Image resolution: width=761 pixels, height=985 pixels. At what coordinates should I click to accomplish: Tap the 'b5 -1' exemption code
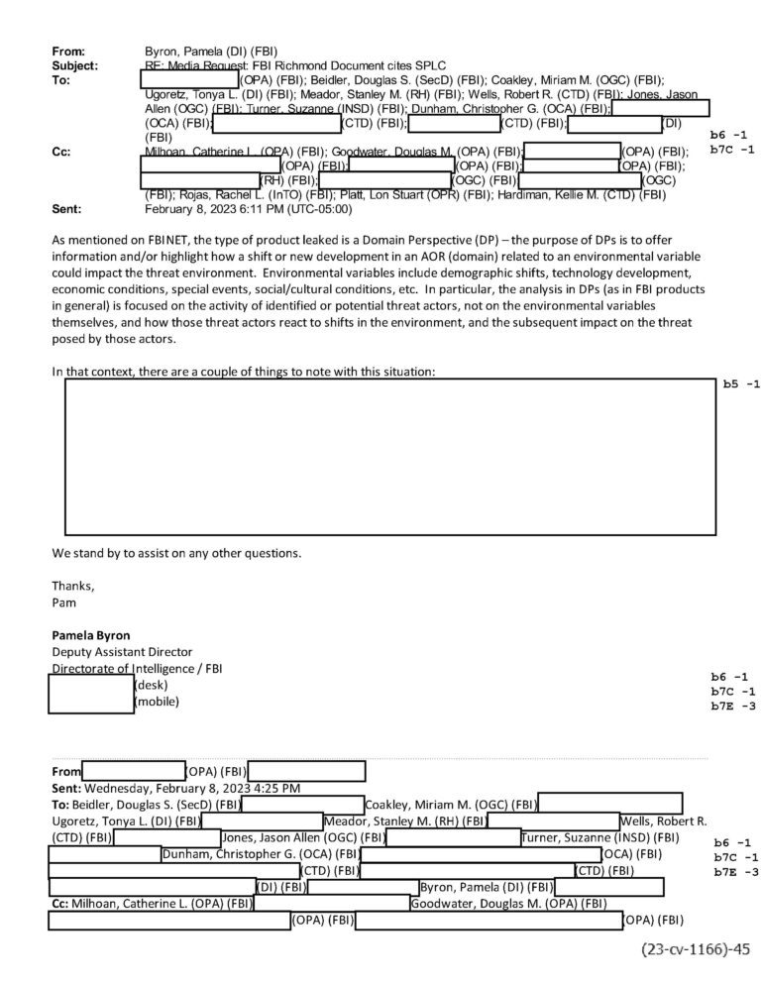tap(740, 384)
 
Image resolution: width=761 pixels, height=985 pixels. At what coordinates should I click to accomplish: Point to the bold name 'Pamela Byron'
tap(91, 635)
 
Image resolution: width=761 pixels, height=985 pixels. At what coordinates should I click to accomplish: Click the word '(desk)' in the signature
tap(152, 685)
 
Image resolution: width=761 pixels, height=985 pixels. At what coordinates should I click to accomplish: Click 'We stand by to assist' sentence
tap(176, 552)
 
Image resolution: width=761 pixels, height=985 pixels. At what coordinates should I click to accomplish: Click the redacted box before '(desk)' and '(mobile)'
tap(91, 694)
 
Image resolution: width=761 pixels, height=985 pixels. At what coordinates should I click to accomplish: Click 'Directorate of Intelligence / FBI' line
tap(137, 669)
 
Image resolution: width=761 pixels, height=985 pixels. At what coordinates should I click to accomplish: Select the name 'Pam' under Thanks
tap(63, 602)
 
